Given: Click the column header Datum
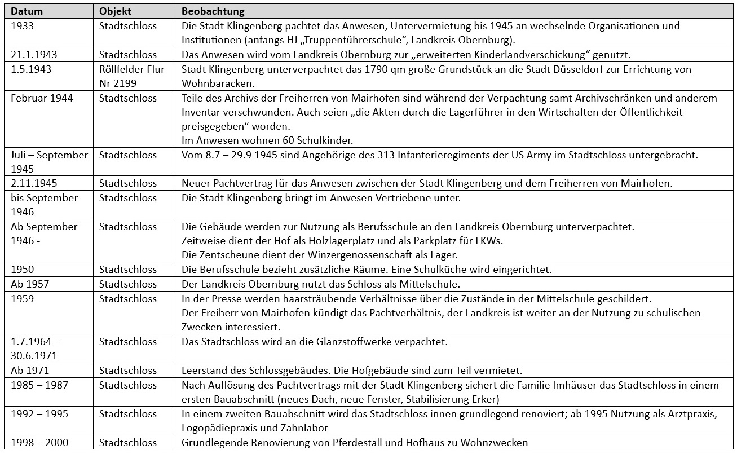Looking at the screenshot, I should pos(27,11).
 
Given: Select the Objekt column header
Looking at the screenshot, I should pos(116,11).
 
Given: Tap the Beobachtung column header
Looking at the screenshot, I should pos(213,11).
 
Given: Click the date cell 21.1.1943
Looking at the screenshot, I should pos(34,55).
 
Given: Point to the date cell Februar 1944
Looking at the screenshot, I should pos(42,98).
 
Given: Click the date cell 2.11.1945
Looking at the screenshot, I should pos(34,183).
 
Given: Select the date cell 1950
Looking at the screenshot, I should pos(23,270).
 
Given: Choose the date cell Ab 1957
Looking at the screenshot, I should pos(30,284).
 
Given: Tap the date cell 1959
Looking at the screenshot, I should pos(23,299).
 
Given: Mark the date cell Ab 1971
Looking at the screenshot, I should pos(30,371).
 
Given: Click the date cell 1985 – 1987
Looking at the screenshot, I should pos(39,385).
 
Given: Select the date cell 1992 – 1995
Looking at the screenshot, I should pos(39,414).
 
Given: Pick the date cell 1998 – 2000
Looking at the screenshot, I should pos(39,443).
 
